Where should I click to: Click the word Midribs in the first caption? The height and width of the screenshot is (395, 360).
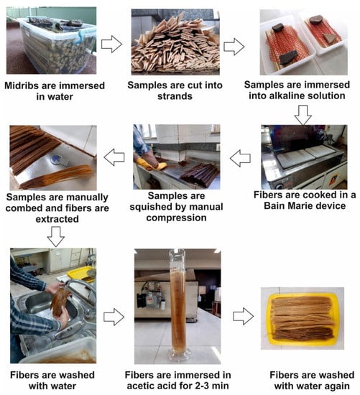tap(22, 85)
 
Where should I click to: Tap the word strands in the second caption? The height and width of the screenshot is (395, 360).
tap(175, 96)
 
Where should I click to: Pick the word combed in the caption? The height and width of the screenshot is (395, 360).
tap(24, 208)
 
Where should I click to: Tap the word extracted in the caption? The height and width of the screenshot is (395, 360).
tap(57, 219)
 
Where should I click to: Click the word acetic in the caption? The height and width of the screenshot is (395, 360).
tap(141, 386)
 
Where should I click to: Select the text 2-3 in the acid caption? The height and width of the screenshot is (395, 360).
tap(200, 386)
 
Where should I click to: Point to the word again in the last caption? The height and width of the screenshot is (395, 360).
tap(336, 386)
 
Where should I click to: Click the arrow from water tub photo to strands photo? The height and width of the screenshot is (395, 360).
tap(111, 44)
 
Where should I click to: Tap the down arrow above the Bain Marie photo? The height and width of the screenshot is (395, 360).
tap(303, 115)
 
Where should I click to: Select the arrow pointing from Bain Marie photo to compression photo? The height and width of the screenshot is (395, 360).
tap(240, 158)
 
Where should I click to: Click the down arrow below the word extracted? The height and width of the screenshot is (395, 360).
tap(56, 236)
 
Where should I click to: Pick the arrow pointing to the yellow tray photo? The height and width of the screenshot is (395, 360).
tap(243, 316)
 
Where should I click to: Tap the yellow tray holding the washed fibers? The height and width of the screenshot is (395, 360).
tap(303, 319)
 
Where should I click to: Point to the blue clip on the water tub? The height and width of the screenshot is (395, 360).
tap(81, 38)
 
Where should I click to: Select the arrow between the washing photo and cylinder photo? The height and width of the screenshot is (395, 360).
tap(114, 317)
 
